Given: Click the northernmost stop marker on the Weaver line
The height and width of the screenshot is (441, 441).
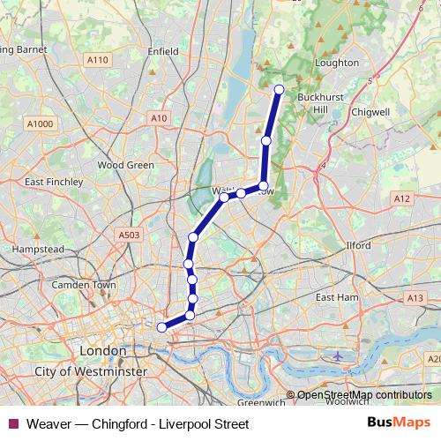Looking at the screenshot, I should coord(279,89).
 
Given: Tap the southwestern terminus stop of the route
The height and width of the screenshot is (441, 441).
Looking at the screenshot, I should coord(161,327).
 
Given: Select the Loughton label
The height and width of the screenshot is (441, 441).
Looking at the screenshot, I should coord(336,63).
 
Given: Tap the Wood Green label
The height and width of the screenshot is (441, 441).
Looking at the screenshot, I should coord(125,165).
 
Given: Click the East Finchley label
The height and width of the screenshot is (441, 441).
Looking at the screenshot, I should coord(54,182).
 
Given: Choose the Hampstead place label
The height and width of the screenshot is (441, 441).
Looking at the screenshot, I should coord(37,250).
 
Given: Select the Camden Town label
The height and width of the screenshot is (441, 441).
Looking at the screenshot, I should coord(84,286).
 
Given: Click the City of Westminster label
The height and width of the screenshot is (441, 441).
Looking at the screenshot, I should coord(90,373).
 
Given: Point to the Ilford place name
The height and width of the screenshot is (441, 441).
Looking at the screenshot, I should coord(359,245).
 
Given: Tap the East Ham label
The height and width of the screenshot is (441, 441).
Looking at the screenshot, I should coord(336,298).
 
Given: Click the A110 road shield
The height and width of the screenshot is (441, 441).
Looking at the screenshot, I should coord(98,60).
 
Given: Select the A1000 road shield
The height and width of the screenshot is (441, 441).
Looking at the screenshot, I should coord(40,124).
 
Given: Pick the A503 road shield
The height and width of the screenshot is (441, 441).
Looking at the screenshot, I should coord(129,235).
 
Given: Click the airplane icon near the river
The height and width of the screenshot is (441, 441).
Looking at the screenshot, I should coord(340,356).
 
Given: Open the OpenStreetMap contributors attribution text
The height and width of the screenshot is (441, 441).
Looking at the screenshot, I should coord(363,396).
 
